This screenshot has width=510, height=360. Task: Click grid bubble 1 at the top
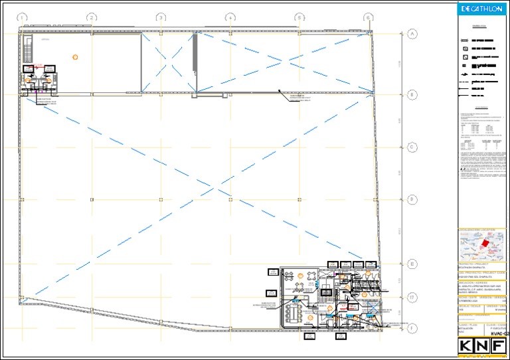(23, 17)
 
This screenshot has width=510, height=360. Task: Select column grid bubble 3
(161, 17)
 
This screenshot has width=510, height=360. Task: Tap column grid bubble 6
(368, 17)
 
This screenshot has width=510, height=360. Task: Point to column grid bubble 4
(230, 17)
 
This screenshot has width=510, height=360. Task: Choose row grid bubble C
(412, 147)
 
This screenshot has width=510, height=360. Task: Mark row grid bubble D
(412, 199)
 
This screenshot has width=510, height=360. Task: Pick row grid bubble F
(412, 327)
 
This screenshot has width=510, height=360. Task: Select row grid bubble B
(412, 95)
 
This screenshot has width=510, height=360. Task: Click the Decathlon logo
(482, 9)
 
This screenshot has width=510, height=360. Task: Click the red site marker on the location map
(485, 244)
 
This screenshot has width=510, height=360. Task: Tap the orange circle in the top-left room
(76, 57)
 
